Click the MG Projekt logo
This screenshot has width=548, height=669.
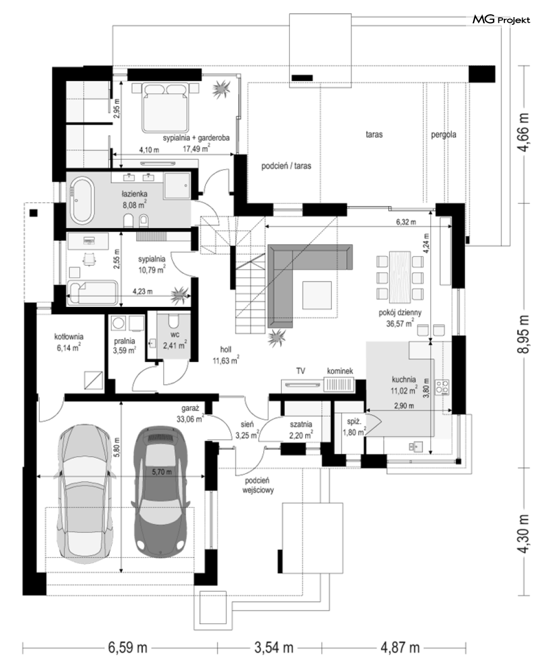pos(501,20)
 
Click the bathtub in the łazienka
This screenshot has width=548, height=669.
pos(82,200)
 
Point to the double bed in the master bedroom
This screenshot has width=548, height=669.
pos(165,107)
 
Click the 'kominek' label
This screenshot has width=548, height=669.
pos(340,371)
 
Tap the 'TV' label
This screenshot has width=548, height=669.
pos(301,371)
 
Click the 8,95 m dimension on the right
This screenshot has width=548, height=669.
pos(523,334)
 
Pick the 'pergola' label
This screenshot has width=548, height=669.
pos(443,134)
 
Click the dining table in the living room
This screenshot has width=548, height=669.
pos(400,277)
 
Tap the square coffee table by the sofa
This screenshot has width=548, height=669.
pos(317,295)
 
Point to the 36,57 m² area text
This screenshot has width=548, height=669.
pos(400,323)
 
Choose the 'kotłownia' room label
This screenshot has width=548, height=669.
pos(69,337)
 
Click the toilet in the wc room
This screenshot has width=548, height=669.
pos(174,321)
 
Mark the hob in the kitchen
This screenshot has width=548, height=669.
pos(442,387)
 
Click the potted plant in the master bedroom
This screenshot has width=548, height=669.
pos(221,89)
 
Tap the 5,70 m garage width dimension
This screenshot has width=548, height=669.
pos(162,472)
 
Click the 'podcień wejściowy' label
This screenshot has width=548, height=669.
pos(258,485)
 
